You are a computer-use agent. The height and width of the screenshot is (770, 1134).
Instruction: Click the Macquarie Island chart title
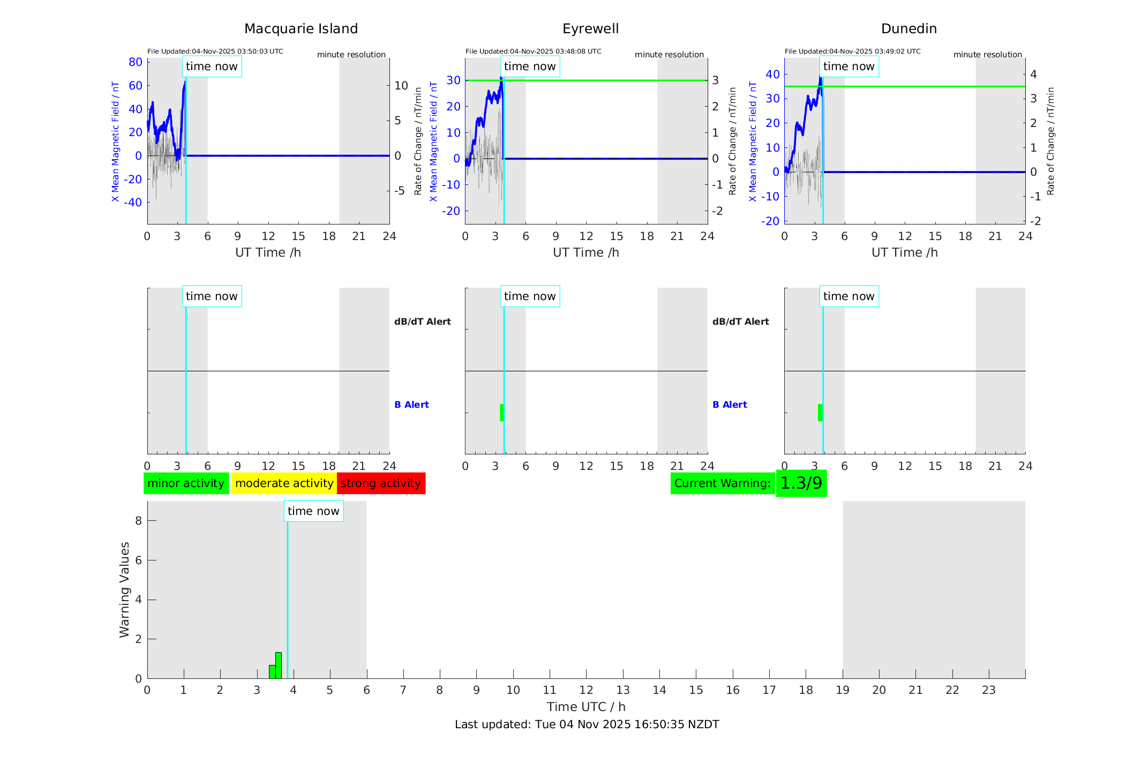(x=301, y=29)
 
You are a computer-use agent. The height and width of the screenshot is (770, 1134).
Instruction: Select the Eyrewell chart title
(x=590, y=29)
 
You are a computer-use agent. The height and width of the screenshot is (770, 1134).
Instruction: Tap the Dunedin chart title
(x=908, y=29)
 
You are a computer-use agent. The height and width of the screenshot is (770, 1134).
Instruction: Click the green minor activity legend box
(x=186, y=483)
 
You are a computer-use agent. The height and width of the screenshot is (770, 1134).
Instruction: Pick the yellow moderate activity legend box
(x=284, y=483)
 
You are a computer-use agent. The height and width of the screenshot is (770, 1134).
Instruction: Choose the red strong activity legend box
(x=381, y=483)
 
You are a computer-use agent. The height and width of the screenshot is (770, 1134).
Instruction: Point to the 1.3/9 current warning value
(x=801, y=483)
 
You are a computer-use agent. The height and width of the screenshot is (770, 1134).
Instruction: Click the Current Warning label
(x=722, y=483)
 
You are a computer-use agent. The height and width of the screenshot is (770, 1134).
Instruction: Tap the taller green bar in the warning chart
(x=279, y=666)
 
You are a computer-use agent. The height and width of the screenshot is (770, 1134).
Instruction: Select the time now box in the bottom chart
(x=313, y=511)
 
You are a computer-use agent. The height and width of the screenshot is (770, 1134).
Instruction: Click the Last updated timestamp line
(x=587, y=724)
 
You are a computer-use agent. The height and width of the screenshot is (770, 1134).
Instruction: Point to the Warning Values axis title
(x=125, y=589)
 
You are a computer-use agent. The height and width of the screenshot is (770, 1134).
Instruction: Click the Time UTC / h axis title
(x=586, y=707)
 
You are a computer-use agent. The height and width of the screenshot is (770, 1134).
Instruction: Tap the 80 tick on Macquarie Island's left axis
(x=136, y=62)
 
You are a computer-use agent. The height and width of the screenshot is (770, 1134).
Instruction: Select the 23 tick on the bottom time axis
(x=988, y=690)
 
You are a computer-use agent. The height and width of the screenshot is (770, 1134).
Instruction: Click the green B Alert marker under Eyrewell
(x=502, y=413)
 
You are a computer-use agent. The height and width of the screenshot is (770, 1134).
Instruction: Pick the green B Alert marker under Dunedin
(x=820, y=413)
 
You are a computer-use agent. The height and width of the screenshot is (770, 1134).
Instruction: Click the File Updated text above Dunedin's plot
(x=852, y=51)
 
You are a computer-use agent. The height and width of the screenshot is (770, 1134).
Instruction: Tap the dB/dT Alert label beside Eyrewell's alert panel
(x=740, y=322)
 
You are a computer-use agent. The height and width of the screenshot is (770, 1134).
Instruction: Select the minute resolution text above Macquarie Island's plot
(x=351, y=55)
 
